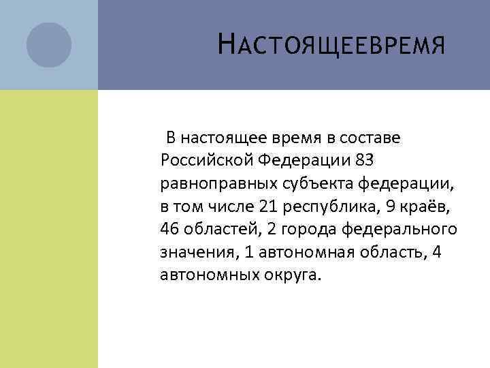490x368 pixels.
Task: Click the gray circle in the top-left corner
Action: tap(48, 45)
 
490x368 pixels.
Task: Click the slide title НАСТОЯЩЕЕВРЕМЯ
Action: tap(331, 46)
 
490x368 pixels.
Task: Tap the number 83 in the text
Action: tap(364, 161)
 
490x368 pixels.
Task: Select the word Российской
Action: tap(206, 161)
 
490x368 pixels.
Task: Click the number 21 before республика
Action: tap(267, 206)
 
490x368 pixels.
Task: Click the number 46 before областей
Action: tap(169, 228)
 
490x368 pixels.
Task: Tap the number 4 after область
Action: tap(438, 251)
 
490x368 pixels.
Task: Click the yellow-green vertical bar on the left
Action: tap(48, 228)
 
